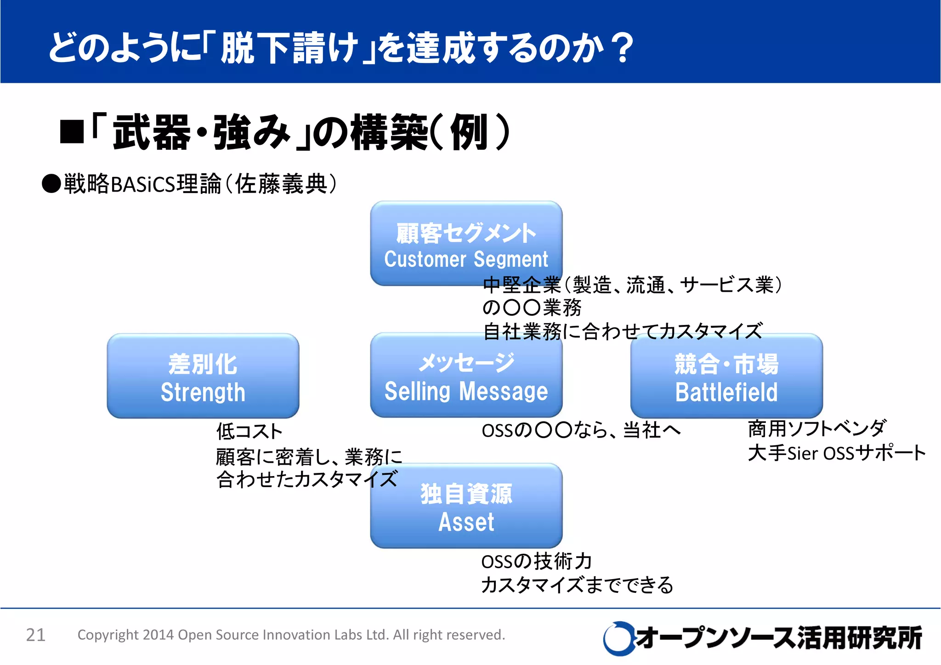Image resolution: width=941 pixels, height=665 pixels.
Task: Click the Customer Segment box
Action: [466, 243]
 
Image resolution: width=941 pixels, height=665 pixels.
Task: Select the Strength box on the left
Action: [203, 376]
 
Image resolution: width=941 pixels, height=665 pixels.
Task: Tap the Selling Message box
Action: [466, 375]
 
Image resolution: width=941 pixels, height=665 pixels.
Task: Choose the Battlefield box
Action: [726, 376]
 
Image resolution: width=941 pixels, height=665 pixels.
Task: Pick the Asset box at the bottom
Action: [466, 506]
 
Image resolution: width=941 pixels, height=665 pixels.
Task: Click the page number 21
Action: [35, 635]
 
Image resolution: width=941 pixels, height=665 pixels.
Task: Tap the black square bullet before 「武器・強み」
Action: [72, 132]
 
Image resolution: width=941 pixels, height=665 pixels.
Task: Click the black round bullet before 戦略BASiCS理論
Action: [51, 184]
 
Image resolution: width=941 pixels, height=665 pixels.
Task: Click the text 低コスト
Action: [249, 432]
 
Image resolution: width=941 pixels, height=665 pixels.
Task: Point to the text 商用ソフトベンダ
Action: [816, 429]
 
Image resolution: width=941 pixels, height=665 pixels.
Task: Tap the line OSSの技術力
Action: [536, 562]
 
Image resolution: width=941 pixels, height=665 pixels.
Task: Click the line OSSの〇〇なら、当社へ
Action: [581, 431]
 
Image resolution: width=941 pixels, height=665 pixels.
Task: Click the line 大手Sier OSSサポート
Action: [836, 453]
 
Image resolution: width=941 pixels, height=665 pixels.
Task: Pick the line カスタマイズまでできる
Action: [577, 585]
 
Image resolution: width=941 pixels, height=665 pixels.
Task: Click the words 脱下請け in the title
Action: [289, 48]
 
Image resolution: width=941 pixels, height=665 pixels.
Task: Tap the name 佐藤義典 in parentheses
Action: [281, 184]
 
